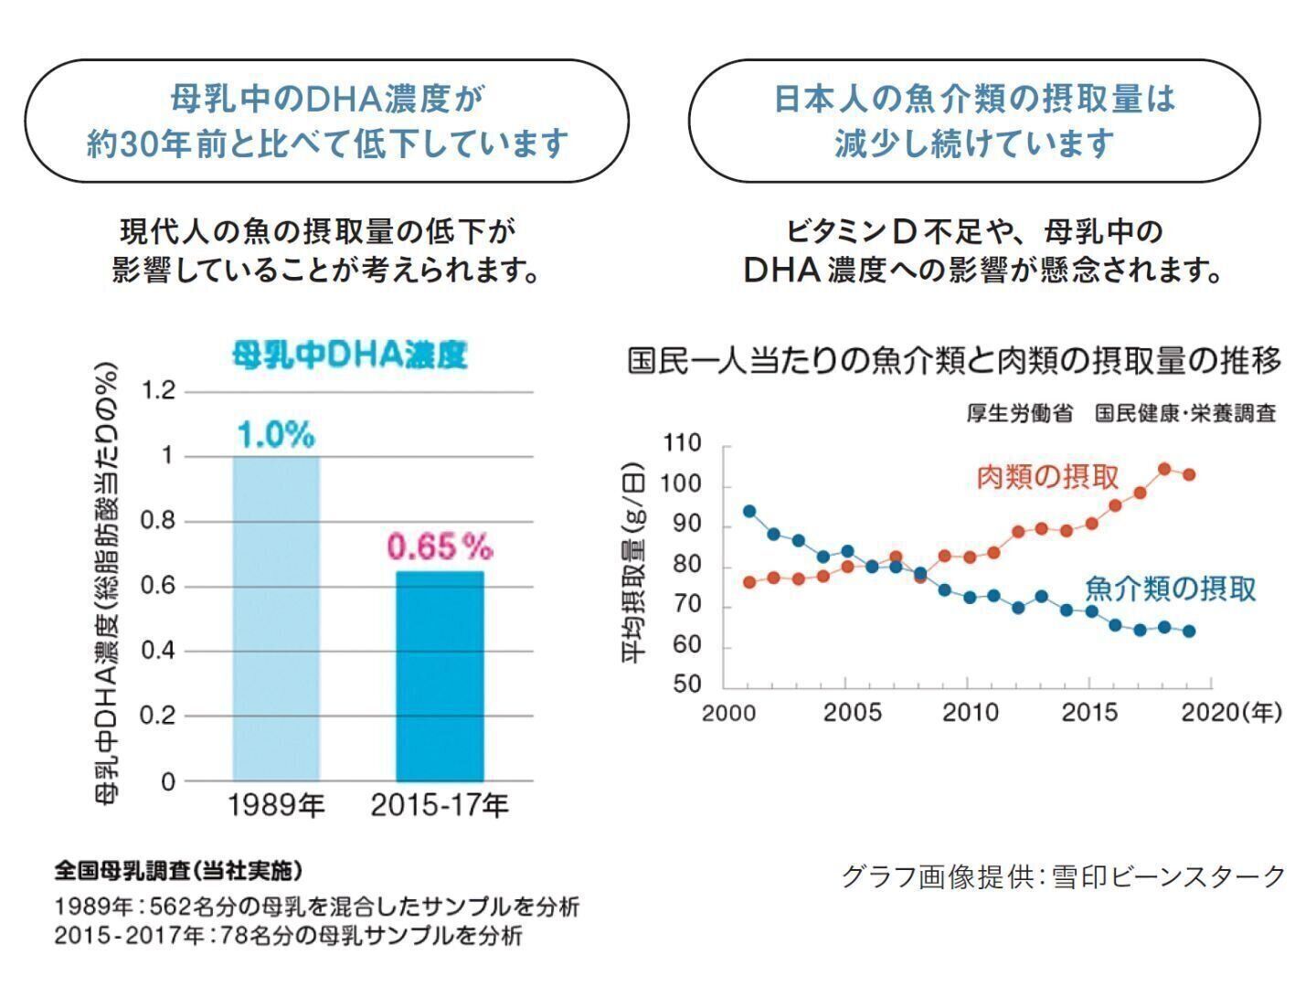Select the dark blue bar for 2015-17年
tap(440, 676)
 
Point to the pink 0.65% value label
tap(440, 547)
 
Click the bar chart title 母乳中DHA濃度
tap(349, 355)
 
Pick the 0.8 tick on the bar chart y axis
tap(158, 521)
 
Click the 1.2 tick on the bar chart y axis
tap(158, 391)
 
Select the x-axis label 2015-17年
tap(440, 805)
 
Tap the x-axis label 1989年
tap(276, 805)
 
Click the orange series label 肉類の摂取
tap(1047, 476)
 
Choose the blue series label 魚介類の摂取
tap(1170, 589)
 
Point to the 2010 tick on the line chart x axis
tap(970, 712)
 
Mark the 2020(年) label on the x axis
tap(1231, 712)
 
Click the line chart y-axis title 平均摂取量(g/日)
tap(633, 566)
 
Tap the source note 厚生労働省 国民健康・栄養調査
tap(1120, 413)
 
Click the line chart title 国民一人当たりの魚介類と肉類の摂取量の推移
tap(954, 361)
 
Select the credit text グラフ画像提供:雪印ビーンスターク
tap(1063, 876)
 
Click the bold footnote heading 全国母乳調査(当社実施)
tap(178, 869)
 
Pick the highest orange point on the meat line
tap(1164, 469)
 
